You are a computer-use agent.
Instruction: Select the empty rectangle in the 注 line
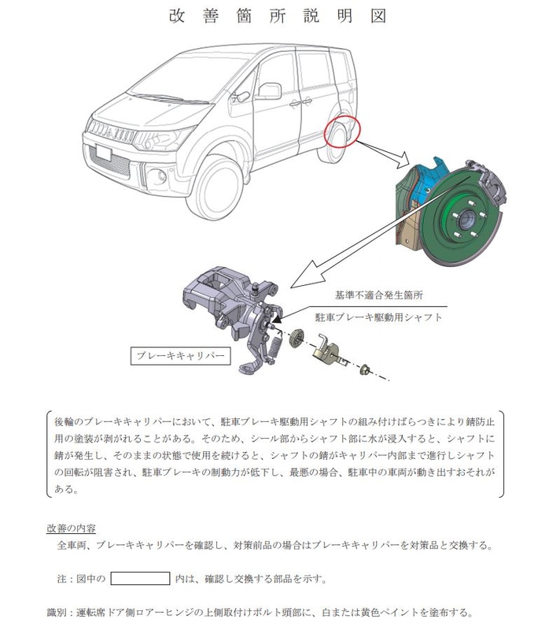(140, 578)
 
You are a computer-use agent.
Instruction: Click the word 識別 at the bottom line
(56, 612)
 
